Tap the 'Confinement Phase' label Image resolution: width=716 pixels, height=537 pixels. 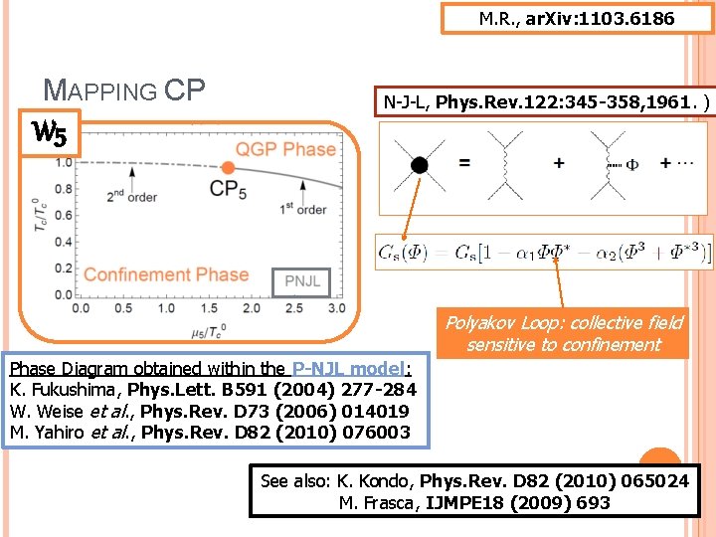pos(166,274)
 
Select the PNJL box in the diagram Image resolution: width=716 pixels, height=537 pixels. pos(301,281)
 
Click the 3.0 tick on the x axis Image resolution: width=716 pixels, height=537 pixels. pos(336,309)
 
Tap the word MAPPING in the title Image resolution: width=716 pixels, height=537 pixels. pos(99,91)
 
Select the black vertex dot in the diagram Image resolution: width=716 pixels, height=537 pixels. pos(419,163)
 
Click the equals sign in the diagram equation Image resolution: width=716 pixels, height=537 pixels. pos(464,163)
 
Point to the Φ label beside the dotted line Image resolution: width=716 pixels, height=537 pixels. pos(631,165)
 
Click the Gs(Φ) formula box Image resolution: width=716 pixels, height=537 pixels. pos(544,253)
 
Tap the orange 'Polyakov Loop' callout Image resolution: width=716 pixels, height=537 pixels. pos(563,333)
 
